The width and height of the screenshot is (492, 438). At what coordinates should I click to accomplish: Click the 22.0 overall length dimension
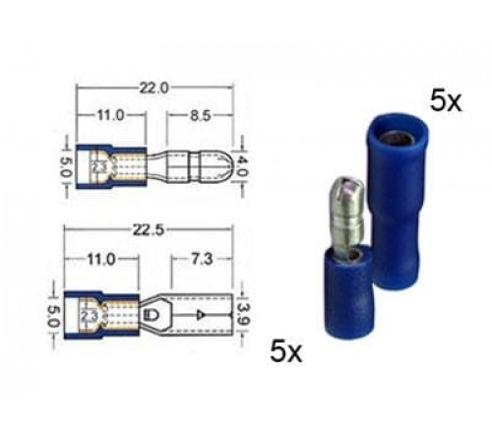[x=154, y=88]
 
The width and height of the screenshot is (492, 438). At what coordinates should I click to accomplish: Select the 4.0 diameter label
[x=239, y=160]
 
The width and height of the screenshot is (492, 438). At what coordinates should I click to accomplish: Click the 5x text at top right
[x=445, y=100]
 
